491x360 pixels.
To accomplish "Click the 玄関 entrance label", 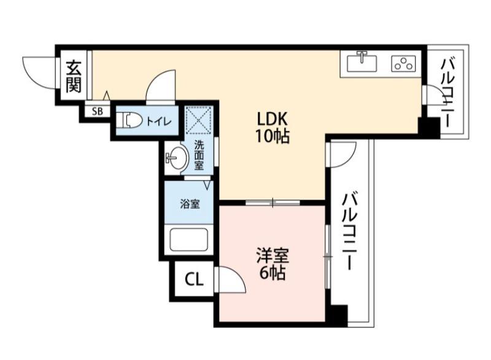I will coord(74,76).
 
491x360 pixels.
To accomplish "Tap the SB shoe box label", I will coord(98,111).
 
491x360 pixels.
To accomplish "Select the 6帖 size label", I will coord(271,273).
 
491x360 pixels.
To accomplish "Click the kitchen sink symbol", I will coord(362,63).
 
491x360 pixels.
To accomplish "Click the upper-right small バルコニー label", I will coord(447,91).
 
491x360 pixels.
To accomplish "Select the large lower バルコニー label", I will coord(350,232).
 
